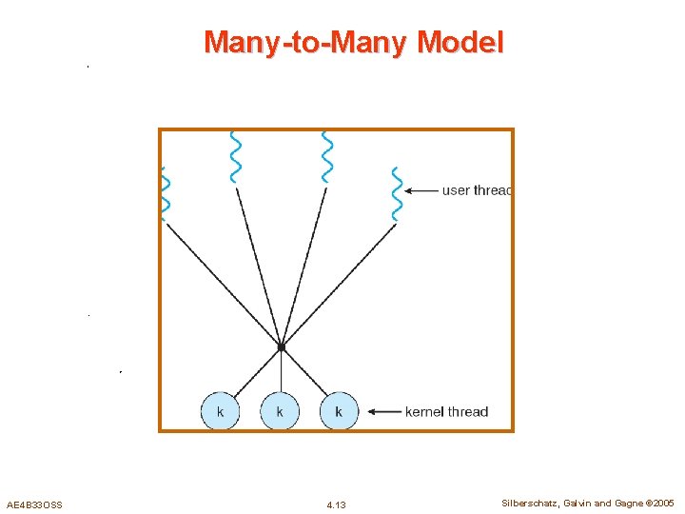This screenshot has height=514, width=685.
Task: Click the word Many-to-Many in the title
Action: (x=307, y=43)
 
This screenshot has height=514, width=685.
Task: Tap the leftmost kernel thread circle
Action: (x=221, y=411)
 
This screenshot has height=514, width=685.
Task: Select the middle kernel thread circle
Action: (x=280, y=411)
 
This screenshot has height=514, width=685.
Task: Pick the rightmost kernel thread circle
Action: (x=339, y=411)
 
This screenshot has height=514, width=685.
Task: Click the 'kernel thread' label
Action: (x=446, y=412)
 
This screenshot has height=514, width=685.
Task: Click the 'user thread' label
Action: (x=477, y=190)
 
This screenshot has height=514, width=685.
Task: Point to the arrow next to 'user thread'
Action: (x=421, y=190)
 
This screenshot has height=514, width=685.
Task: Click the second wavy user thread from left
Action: (x=235, y=156)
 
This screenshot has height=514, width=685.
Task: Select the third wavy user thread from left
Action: (x=327, y=156)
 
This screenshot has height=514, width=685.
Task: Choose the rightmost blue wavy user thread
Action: (x=397, y=194)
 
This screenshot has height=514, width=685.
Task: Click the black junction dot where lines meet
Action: (x=281, y=347)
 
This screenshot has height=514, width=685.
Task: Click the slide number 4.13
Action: (x=336, y=504)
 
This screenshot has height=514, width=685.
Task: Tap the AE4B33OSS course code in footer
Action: (x=34, y=504)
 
